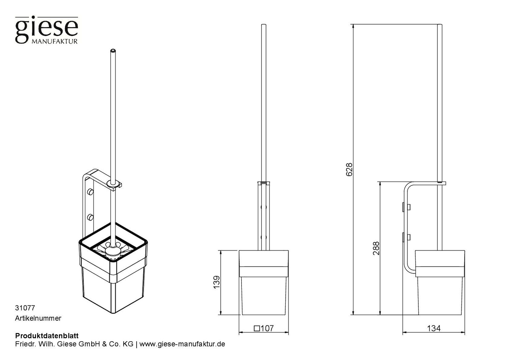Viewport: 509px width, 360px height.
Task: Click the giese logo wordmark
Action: coord(46,30)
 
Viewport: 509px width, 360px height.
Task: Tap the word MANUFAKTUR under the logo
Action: coord(55,41)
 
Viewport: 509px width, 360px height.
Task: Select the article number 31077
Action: coord(25,308)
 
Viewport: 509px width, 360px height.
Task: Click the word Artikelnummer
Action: coord(38,318)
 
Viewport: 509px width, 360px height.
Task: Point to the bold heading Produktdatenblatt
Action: coord(47,336)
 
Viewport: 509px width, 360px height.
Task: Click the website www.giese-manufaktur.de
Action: coord(182,344)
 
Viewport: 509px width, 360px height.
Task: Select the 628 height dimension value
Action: coord(349,169)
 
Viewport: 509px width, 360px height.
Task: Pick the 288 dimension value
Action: coord(376,248)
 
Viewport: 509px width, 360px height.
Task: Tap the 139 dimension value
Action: coord(217,282)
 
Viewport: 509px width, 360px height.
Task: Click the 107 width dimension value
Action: coord(267,328)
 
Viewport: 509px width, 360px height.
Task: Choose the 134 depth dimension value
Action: coord(434,328)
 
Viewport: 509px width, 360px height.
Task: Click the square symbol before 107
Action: coord(257,329)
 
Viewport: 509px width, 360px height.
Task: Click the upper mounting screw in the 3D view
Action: coord(90,191)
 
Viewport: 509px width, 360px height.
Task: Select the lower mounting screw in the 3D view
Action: coord(90,217)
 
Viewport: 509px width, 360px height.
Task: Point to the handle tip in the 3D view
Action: coord(113,50)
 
